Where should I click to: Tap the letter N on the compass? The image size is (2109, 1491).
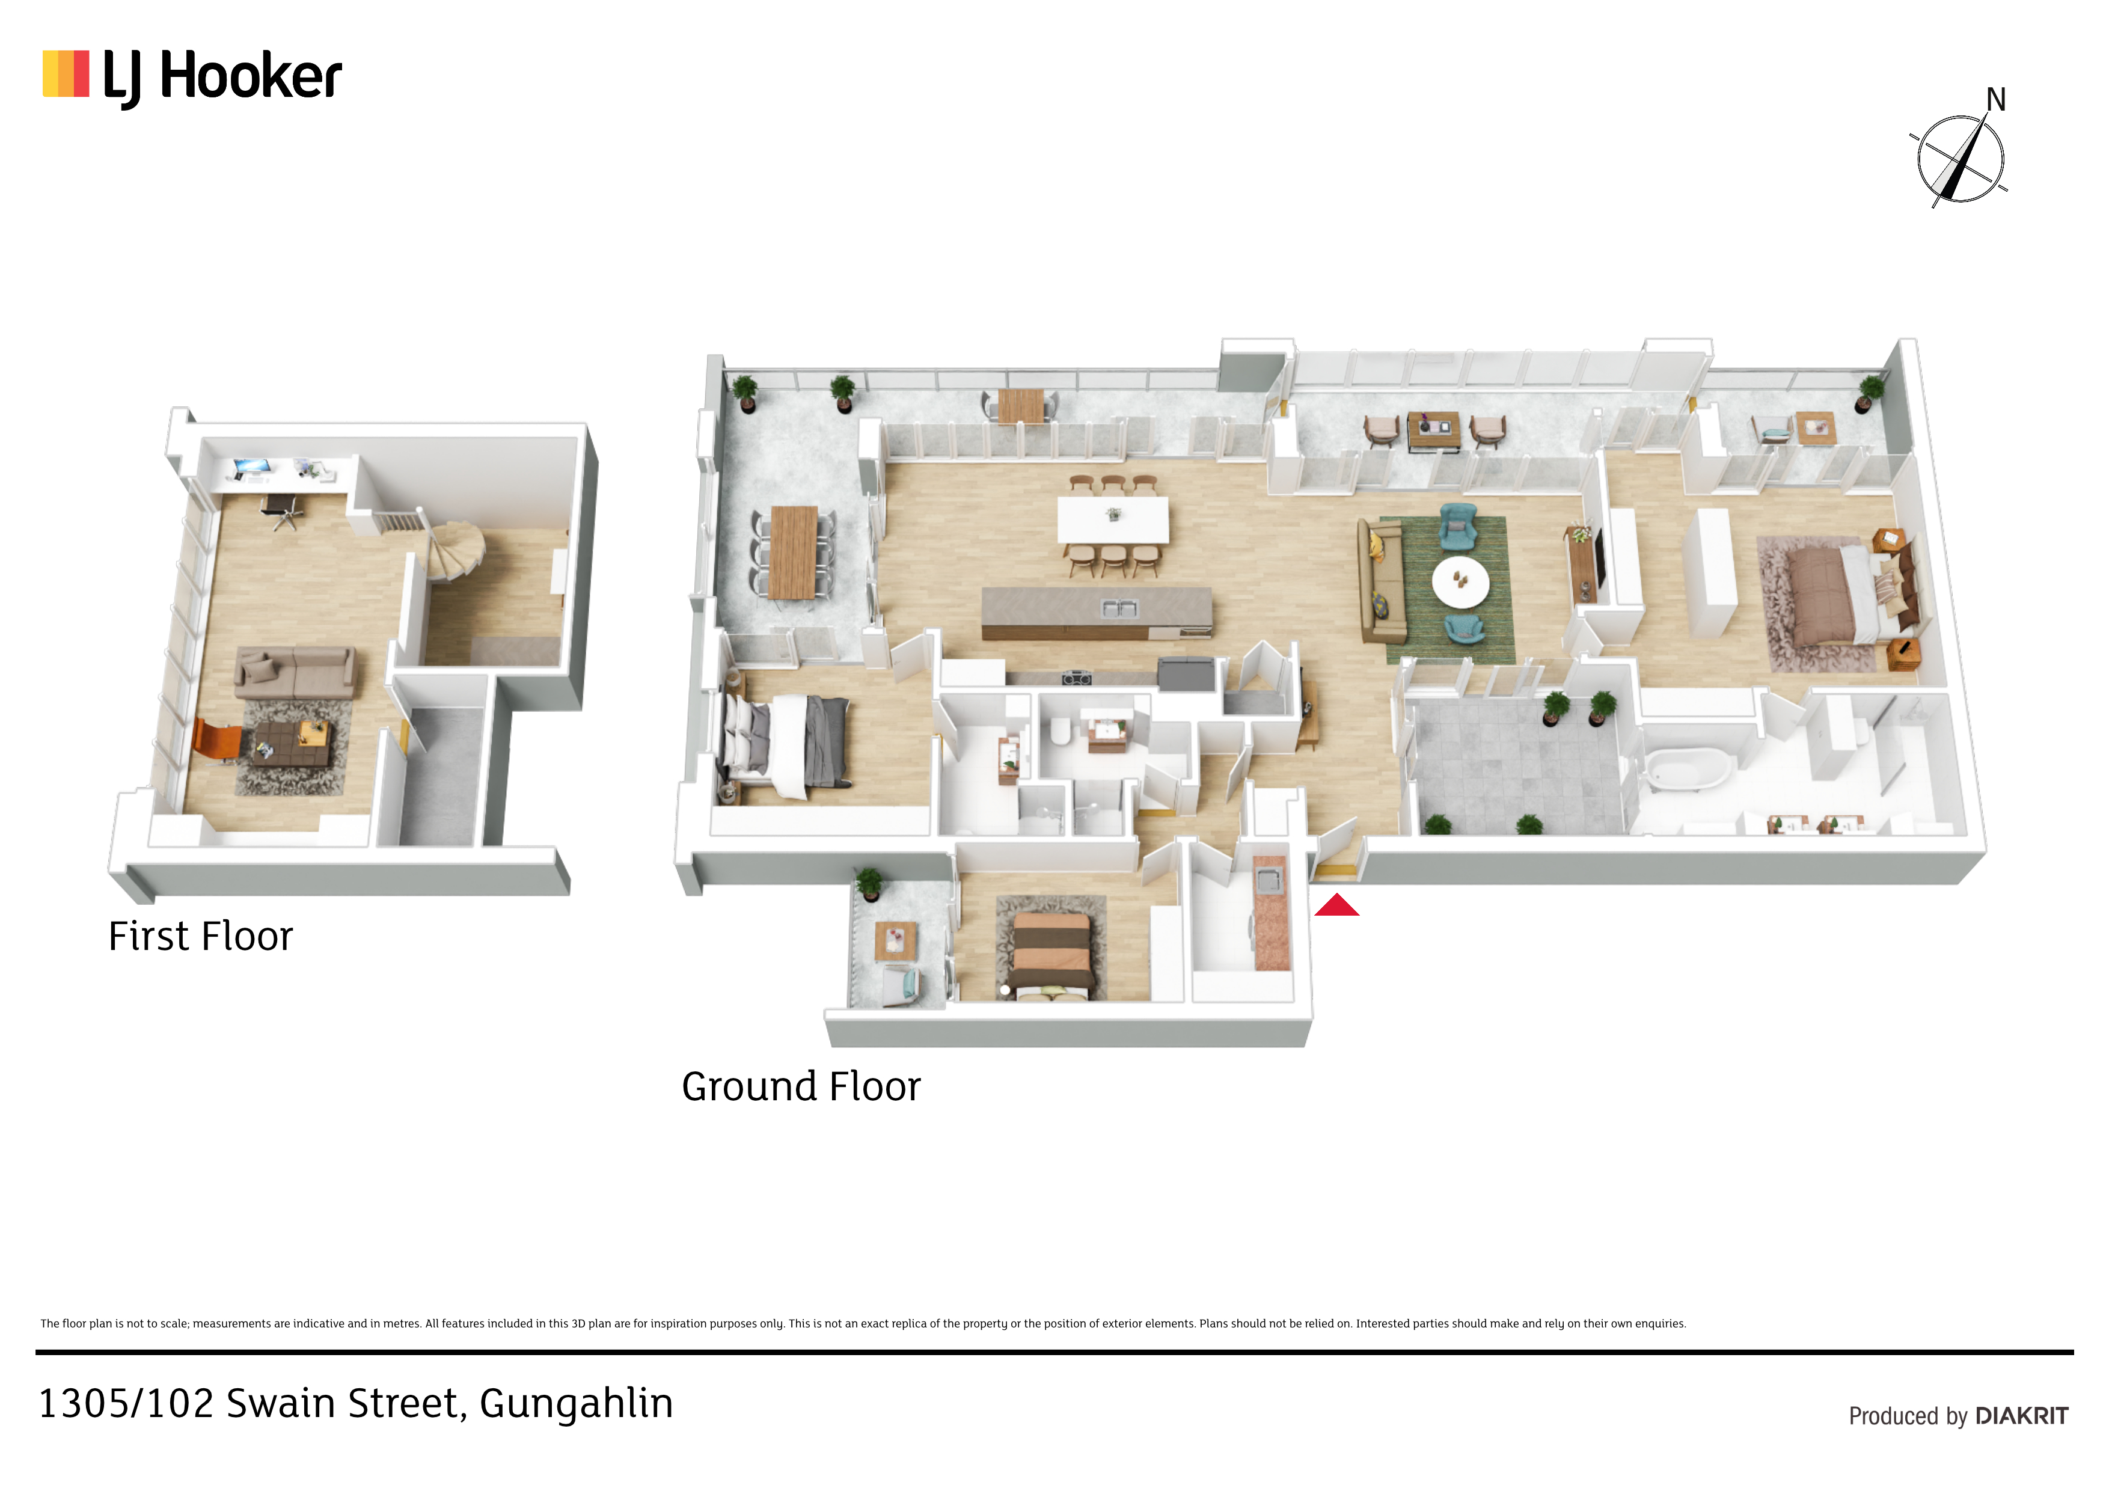[1996, 99]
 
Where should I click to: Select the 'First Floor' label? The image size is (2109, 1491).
[200, 936]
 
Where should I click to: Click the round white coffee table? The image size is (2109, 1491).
[1460, 581]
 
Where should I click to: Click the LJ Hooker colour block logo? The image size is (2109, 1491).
[66, 73]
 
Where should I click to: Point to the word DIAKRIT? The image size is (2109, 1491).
[2022, 1416]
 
